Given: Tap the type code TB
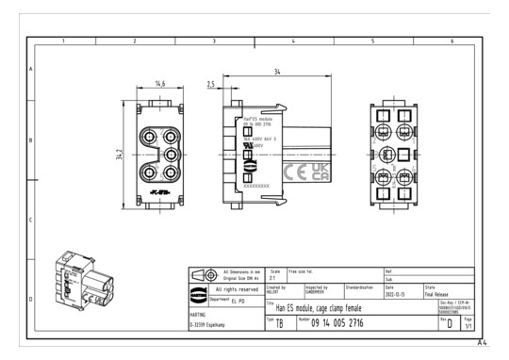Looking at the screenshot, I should click(279, 323).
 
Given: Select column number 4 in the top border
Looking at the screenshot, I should click(293, 41).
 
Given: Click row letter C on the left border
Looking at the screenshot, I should click(32, 220).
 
